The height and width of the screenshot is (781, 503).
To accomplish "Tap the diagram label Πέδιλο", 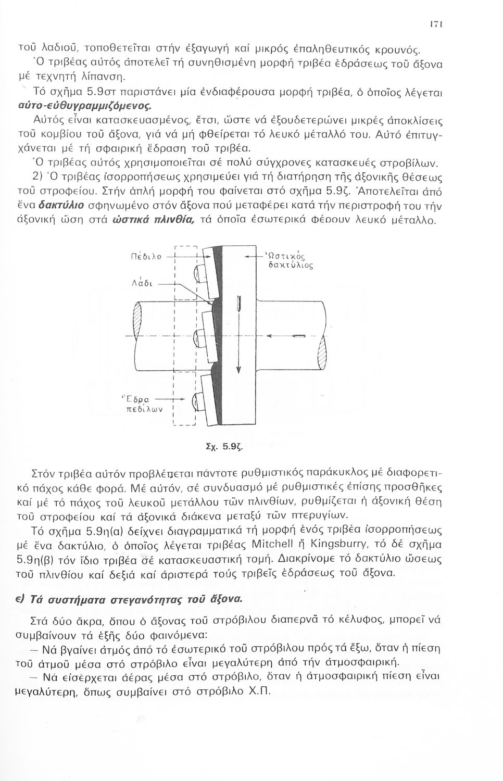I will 146,256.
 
